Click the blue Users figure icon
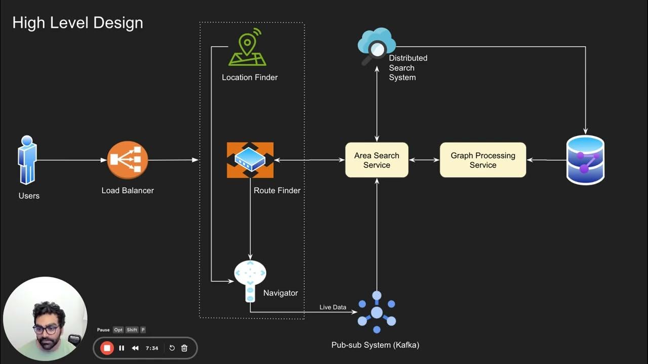[27, 160]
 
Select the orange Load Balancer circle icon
[128, 160]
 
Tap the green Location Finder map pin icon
[247, 48]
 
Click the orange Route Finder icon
[250, 160]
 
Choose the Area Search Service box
[377, 160]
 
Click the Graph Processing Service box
[483, 160]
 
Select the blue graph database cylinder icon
[585, 160]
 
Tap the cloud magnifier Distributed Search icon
[376, 47]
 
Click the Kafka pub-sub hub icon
[377, 312]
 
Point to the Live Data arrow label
[333, 307]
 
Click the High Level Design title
[77, 23]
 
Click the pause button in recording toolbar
[121, 348]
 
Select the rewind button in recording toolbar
[135, 348]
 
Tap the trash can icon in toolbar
[184, 348]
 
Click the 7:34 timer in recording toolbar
[152, 348]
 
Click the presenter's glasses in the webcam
[46, 329]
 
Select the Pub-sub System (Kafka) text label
[375, 345]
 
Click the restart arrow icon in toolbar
[172, 348]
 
